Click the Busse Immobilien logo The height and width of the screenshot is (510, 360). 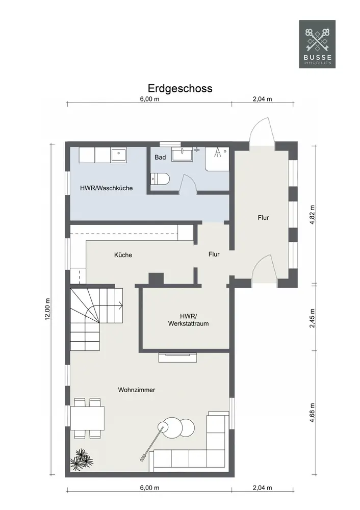point(317,44)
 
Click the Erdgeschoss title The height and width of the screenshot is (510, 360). point(180,88)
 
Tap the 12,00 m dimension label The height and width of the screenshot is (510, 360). point(47,309)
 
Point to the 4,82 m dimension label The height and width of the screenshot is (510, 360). point(312,215)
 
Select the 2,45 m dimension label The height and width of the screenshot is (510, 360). point(312,318)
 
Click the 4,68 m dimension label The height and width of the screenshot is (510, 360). point(312,413)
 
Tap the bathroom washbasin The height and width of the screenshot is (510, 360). point(182,154)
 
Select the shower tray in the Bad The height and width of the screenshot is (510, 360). point(217,159)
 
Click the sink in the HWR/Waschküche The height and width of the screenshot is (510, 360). point(119,155)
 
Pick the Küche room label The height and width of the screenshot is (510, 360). point(123,255)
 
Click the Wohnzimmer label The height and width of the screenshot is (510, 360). point(137,390)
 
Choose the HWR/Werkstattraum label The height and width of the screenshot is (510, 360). point(188,320)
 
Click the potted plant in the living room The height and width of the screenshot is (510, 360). point(81,460)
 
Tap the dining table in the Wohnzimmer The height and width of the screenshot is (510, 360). point(88,418)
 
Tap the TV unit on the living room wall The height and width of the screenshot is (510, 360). point(177,357)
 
